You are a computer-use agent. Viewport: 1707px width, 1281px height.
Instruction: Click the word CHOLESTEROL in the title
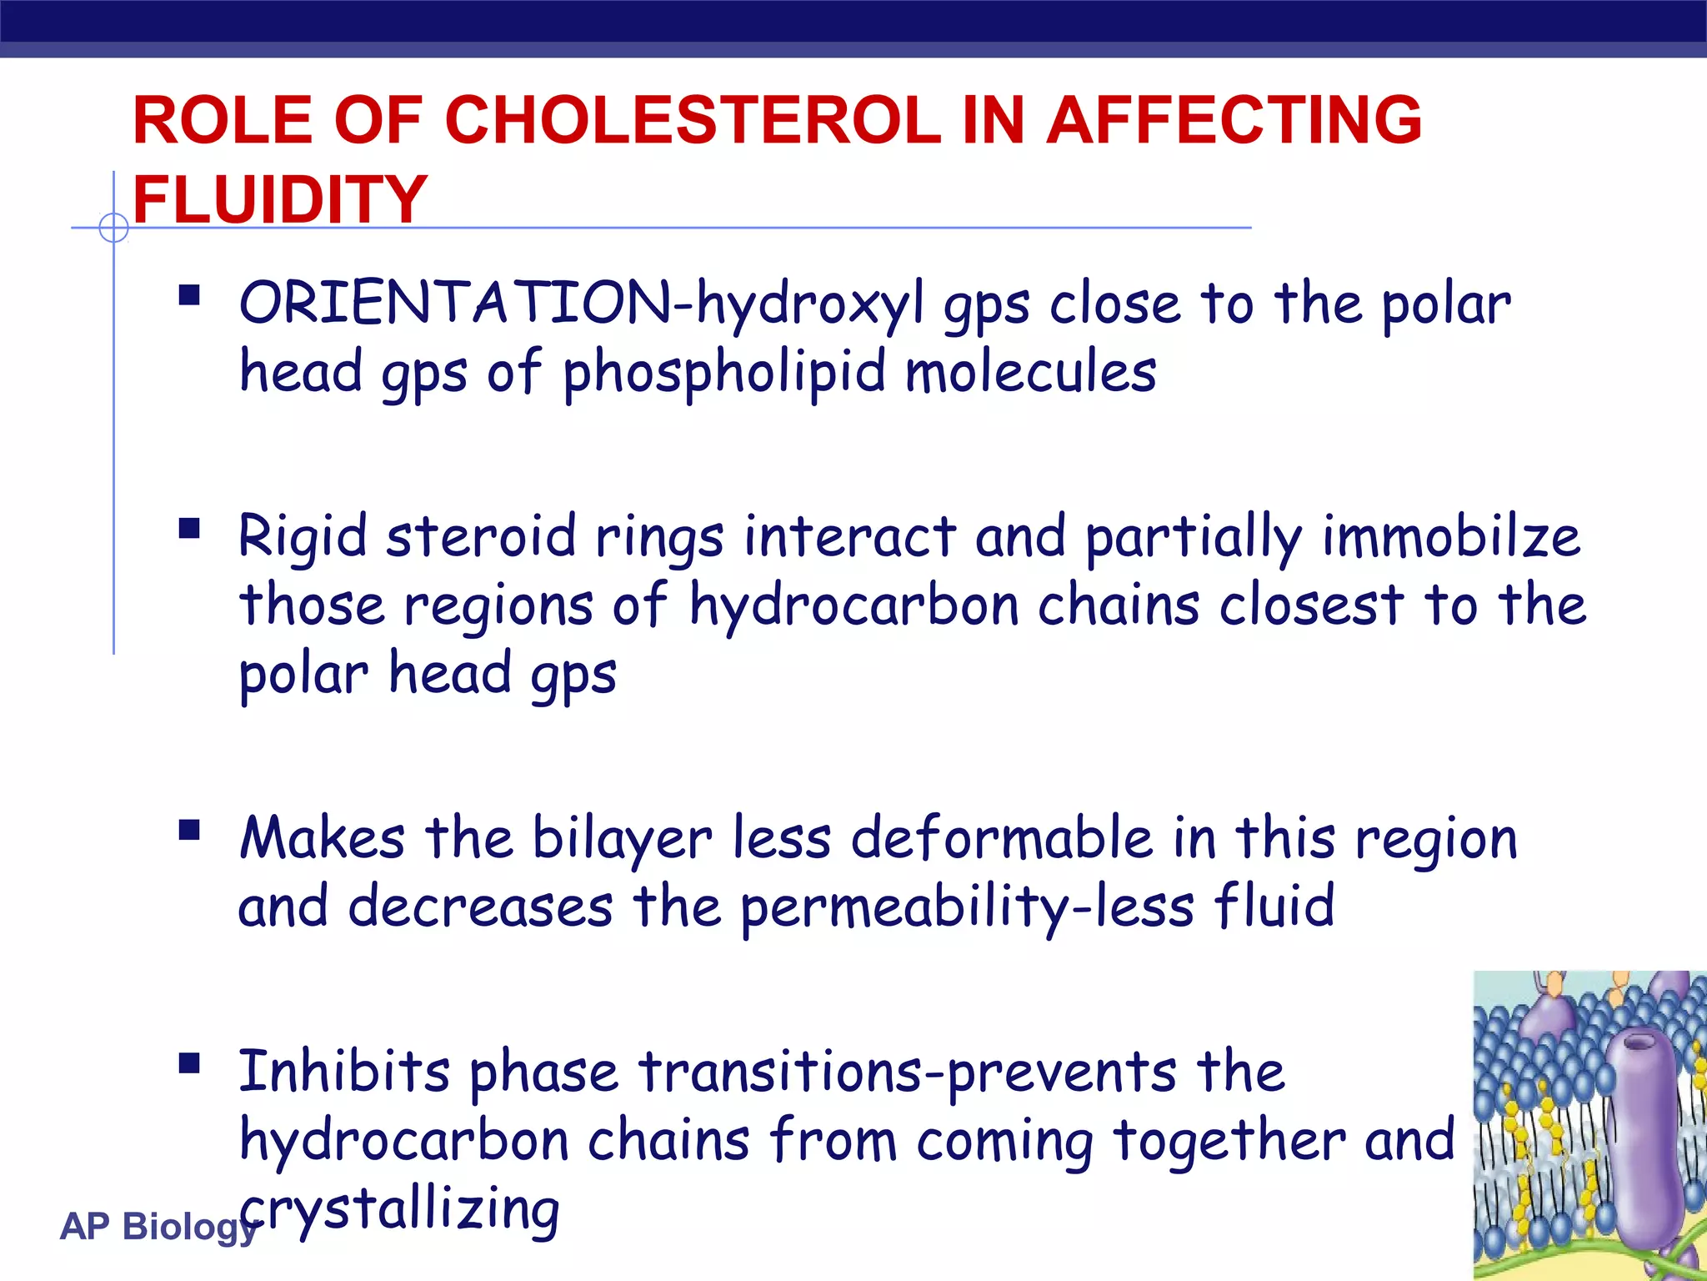pyautogui.click(x=693, y=120)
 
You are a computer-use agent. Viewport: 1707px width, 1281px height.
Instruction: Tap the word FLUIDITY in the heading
pyautogui.click(x=280, y=200)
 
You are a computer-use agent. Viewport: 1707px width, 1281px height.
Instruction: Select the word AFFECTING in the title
pyautogui.click(x=1234, y=120)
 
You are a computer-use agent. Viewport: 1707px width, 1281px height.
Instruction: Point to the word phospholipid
pyautogui.click(x=723, y=374)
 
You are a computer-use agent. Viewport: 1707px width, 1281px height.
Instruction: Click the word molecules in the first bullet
pyautogui.click(x=1031, y=372)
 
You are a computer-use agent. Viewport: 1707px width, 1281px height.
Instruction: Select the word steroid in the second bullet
pyautogui.click(x=481, y=536)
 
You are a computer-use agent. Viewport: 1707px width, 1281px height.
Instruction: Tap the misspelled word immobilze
pyautogui.click(x=1450, y=536)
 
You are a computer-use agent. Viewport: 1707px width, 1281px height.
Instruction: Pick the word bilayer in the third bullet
pyautogui.click(x=622, y=838)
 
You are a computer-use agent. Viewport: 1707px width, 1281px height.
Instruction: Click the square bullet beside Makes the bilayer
pyautogui.click(x=189, y=831)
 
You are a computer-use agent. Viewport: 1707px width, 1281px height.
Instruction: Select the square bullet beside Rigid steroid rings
pyautogui.click(x=189, y=529)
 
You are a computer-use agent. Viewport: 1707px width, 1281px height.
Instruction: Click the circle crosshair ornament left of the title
pyautogui.click(x=113, y=227)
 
